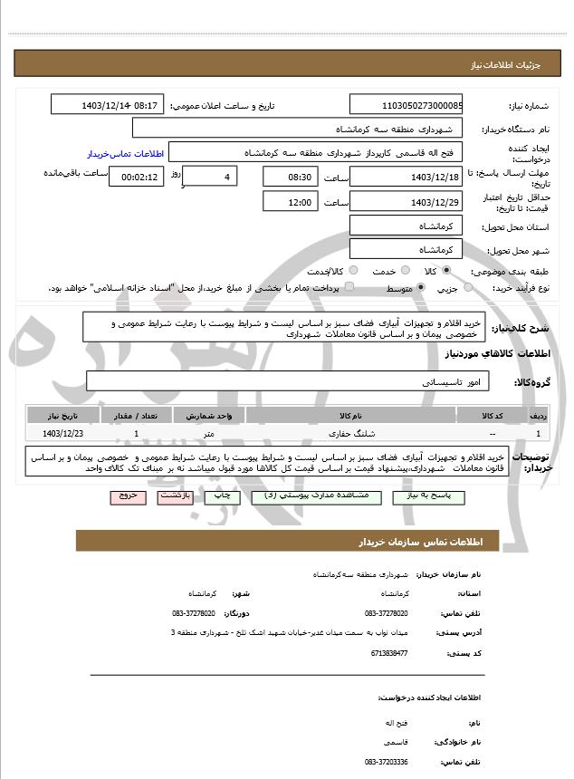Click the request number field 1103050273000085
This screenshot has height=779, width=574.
click(407, 106)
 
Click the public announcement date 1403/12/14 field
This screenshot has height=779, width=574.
click(108, 106)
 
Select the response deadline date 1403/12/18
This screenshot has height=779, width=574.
click(407, 177)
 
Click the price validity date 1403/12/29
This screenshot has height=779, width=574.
click(407, 202)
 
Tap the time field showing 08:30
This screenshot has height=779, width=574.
click(291, 177)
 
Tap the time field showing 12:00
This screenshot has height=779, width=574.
click(291, 202)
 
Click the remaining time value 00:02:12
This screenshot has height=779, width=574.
click(136, 177)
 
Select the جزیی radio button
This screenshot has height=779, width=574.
click(467, 288)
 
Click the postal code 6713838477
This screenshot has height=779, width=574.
click(388, 652)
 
